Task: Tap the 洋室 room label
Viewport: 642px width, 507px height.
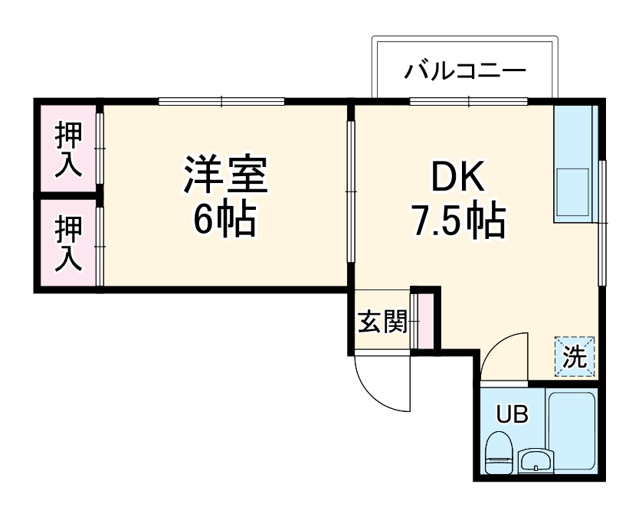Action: click(224, 176)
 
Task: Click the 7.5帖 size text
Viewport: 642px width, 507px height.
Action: click(459, 221)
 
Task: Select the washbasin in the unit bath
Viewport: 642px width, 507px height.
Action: click(534, 461)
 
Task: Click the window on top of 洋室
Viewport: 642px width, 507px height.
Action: click(222, 100)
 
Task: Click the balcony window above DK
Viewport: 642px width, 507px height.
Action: click(467, 100)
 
